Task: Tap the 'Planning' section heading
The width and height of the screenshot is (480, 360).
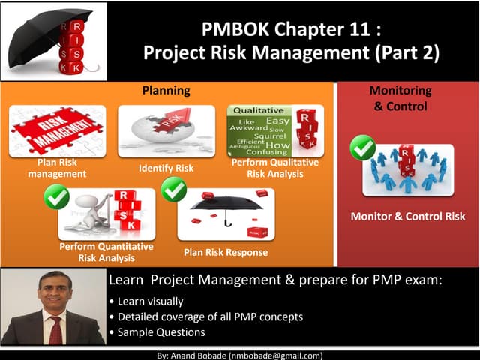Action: [x=166, y=90]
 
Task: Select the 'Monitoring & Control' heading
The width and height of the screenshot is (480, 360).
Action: [x=400, y=98]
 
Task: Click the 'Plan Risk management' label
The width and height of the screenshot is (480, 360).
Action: [x=57, y=168]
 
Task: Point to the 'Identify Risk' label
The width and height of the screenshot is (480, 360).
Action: [x=166, y=169]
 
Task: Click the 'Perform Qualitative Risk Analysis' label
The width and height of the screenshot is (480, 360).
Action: [x=274, y=168]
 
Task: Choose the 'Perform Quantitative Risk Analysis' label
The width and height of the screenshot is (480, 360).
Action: [x=106, y=252]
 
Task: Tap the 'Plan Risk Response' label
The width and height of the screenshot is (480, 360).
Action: [x=225, y=252]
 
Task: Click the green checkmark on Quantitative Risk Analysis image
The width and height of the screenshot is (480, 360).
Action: [x=57, y=196]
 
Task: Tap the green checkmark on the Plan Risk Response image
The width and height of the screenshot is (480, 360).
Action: [x=174, y=189]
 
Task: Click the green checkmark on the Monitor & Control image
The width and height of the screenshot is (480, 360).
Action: [x=363, y=147]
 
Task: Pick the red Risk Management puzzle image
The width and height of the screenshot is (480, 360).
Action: [x=57, y=130]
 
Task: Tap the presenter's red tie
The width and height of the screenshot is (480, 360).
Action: [x=55, y=330]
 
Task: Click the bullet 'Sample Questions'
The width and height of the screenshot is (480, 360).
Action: [x=160, y=331]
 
